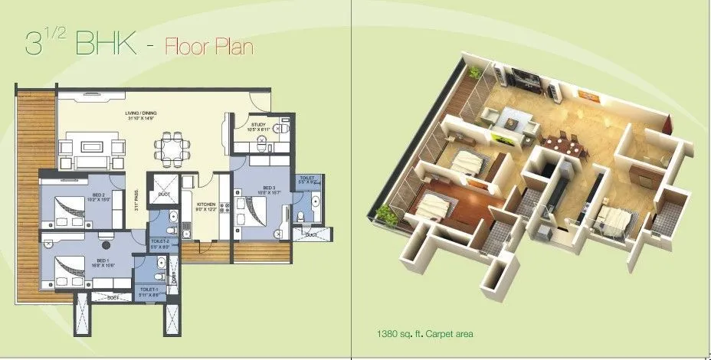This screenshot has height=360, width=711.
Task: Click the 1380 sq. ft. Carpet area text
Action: [x=420, y=333]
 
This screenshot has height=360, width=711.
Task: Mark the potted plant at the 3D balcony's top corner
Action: [x=476, y=72]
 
